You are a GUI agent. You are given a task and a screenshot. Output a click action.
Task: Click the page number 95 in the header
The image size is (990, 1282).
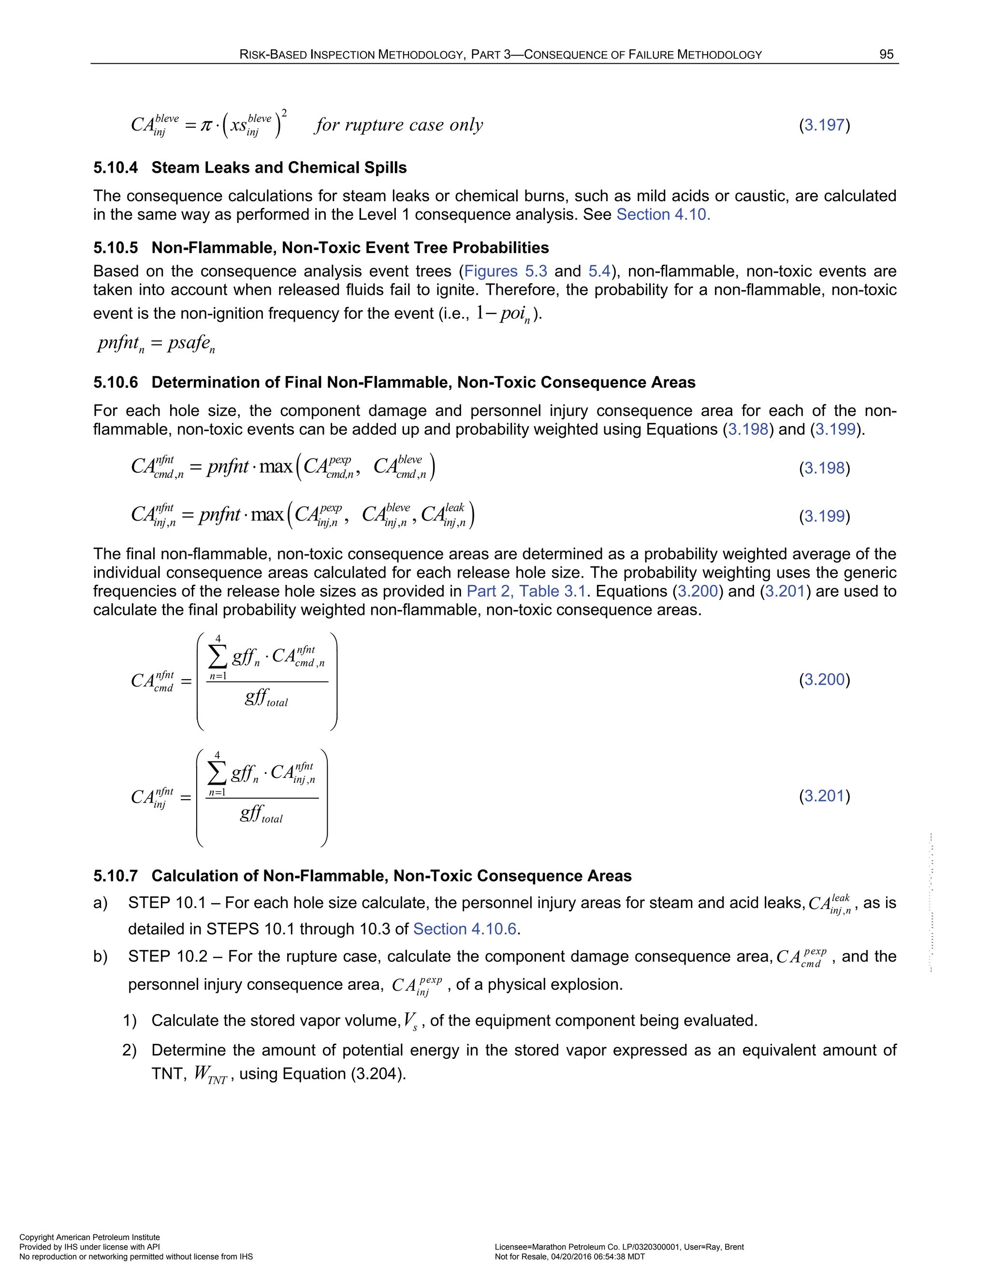(x=886, y=55)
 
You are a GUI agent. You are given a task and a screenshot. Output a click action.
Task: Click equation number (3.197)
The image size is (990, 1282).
(x=824, y=125)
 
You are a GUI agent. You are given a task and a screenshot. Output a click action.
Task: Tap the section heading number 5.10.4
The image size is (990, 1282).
(x=116, y=168)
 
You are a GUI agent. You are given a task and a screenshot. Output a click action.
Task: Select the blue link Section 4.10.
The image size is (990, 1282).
(x=663, y=215)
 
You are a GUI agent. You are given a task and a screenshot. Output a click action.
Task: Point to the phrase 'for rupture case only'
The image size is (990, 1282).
(x=399, y=125)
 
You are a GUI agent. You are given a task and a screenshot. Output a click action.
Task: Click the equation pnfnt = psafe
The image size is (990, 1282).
(x=156, y=343)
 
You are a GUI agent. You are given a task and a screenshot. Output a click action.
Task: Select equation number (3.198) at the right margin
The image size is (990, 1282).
(x=824, y=468)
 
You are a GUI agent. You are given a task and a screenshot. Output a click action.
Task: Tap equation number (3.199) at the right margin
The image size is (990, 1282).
(x=824, y=517)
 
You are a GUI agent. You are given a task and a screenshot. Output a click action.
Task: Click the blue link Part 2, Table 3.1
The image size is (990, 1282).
(x=526, y=591)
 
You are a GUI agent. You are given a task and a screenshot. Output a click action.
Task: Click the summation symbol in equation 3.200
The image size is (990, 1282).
(x=218, y=657)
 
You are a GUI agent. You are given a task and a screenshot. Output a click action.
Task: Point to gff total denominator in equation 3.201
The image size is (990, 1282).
(x=261, y=814)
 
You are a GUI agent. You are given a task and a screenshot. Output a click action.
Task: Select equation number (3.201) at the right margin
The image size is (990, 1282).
(x=824, y=797)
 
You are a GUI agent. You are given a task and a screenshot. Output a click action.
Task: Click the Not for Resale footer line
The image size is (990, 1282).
(x=569, y=1257)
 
